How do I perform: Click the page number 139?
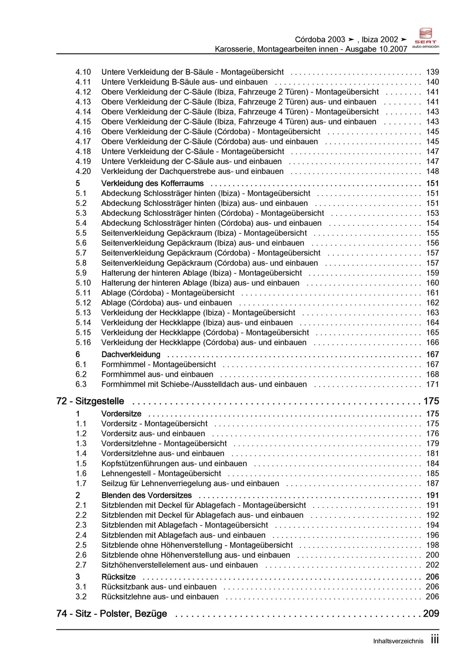point(432,72)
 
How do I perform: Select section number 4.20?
point(83,172)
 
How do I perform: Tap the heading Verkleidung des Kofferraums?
point(152,184)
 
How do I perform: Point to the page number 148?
point(432,172)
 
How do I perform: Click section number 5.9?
point(81,273)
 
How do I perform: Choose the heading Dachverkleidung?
point(131,355)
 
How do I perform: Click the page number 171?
point(432,385)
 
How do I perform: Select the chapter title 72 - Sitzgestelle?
point(90,401)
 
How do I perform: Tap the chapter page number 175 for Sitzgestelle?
point(431,401)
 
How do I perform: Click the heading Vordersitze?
point(121,414)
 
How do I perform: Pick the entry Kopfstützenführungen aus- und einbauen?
point(174,464)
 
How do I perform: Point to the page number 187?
point(432,484)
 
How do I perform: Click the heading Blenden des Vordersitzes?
point(146,496)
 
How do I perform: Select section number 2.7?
point(81,565)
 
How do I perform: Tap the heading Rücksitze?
point(118,577)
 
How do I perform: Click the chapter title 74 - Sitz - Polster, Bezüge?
point(112,614)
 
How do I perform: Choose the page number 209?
point(431,614)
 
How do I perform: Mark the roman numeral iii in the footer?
point(435,640)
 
